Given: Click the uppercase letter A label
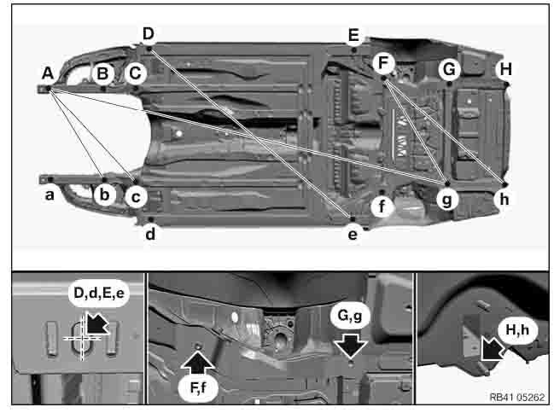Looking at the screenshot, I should point(48,73).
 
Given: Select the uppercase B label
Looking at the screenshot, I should point(102,74).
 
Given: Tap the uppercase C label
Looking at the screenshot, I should point(135,74).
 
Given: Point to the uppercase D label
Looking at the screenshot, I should point(149,34).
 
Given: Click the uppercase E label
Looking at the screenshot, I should point(353,35).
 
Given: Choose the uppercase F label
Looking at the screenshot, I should point(383,62).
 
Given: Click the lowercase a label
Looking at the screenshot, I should point(50,195).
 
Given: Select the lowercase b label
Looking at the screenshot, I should point(104,195).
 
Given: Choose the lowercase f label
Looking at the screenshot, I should point(383,205).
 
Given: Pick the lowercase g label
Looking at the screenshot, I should point(446,199).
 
